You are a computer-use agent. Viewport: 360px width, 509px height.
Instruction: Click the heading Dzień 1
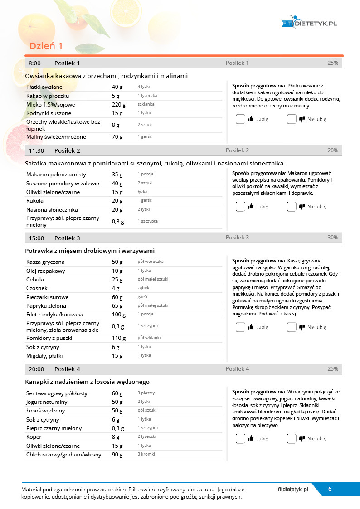(x=46, y=46)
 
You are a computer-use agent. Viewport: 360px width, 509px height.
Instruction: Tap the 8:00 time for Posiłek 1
(x=34, y=63)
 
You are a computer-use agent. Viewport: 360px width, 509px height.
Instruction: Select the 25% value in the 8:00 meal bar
(x=332, y=63)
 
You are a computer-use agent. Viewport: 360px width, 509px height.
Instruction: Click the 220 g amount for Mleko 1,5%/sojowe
(x=119, y=104)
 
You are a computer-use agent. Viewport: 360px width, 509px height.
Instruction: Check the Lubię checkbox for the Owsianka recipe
(x=240, y=119)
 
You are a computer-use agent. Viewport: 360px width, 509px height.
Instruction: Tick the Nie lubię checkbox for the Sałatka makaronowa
(x=292, y=207)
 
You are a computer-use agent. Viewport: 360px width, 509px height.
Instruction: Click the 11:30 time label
(x=36, y=150)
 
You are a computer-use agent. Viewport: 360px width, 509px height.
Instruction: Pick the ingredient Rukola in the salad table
(x=35, y=201)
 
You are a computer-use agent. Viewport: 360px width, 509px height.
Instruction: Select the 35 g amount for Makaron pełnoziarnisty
(x=117, y=175)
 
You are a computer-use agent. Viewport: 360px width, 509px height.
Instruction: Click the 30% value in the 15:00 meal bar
(x=332, y=238)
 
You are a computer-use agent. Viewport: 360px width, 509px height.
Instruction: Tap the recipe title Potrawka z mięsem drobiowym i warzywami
(x=90, y=251)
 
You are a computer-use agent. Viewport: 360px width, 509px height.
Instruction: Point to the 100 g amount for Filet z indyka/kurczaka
(x=119, y=315)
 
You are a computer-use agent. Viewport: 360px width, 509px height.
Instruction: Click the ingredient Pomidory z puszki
(x=49, y=338)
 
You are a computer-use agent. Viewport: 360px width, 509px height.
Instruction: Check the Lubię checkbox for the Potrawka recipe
(x=240, y=327)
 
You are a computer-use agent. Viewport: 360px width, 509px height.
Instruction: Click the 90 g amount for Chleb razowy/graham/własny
(x=117, y=455)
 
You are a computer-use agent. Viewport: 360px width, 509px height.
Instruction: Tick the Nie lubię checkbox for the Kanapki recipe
(x=292, y=439)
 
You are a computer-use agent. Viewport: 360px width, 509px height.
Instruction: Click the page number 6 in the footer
(x=330, y=489)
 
